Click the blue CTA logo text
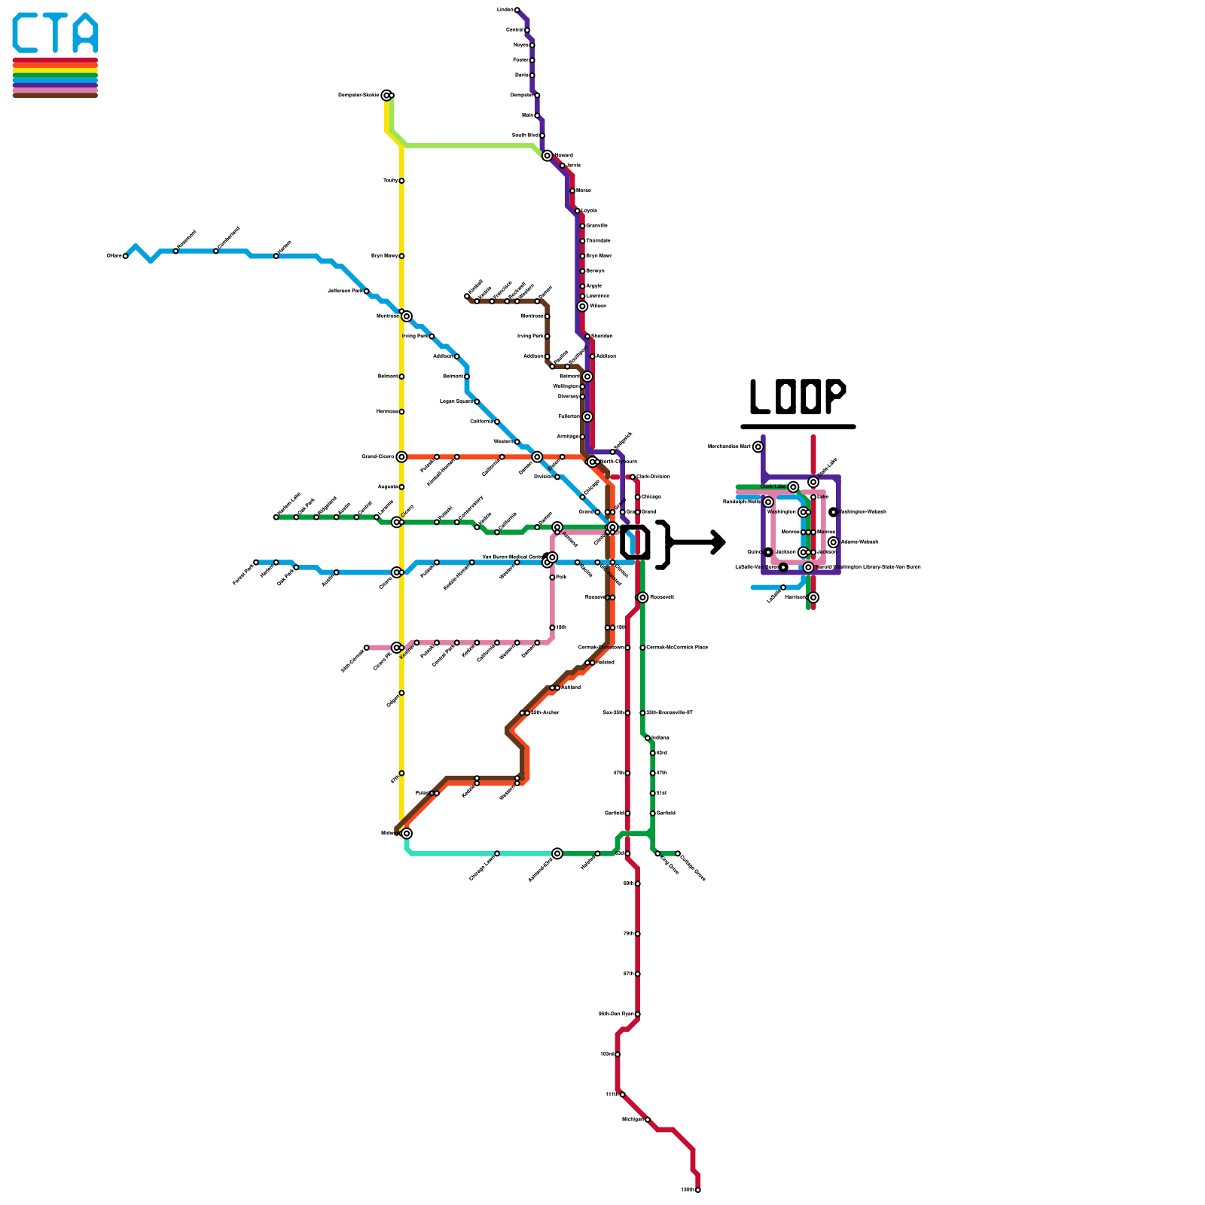tap(55, 33)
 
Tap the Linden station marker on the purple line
tap(517, 10)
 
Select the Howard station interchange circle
tap(548, 156)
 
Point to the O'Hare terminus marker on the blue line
tap(126, 256)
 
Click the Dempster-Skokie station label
tap(358, 96)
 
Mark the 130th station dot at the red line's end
tap(698, 1190)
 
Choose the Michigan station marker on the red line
tap(648, 1120)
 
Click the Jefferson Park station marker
tap(367, 291)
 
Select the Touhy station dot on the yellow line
tap(401, 181)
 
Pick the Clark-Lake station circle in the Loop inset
tap(793, 487)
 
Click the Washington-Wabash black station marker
tap(834, 512)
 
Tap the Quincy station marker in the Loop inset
tap(768, 552)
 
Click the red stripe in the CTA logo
tap(55, 60)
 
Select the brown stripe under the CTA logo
tap(55, 95)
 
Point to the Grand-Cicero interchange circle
tap(401, 457)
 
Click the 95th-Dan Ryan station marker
tap(638, 1014)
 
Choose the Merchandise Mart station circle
tap(758, 447)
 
